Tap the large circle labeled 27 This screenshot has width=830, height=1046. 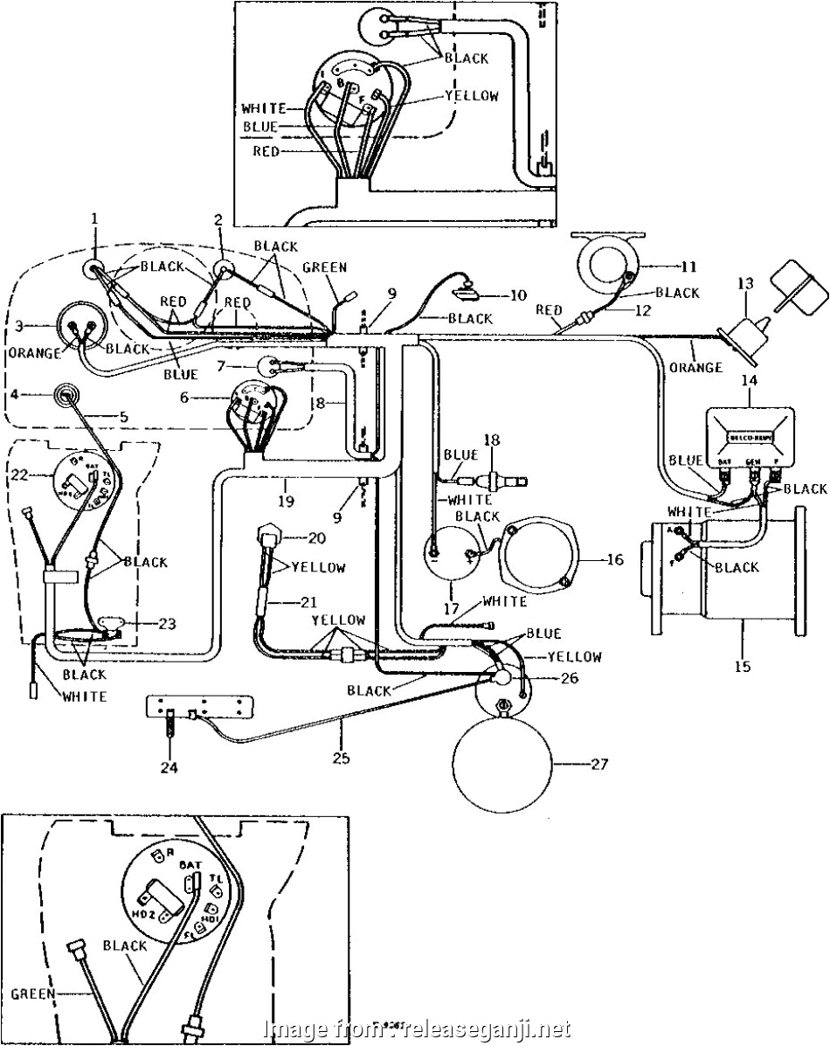(501, 760)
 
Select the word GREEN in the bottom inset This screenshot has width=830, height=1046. (33, 993)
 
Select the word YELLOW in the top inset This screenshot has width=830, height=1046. (472, 96)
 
